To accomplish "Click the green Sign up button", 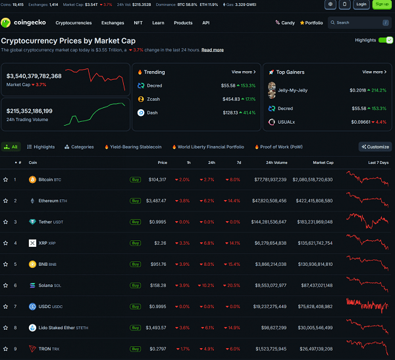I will pos(382,4).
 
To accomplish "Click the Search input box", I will pos(358,22).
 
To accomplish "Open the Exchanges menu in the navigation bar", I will pos(113,22).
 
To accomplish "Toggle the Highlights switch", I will pos(385,40).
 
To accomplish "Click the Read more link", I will pos(212,50).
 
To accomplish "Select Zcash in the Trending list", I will pos(155,99).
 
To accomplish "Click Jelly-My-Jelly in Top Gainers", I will pos(292,90).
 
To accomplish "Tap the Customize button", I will pos(375,147).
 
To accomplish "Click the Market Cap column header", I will pos(323,162).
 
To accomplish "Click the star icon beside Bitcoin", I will pos(5,179).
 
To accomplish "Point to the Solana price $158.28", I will pos(157,285).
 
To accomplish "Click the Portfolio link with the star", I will pos(311,22).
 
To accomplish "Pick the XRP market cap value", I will pos(315,243).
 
